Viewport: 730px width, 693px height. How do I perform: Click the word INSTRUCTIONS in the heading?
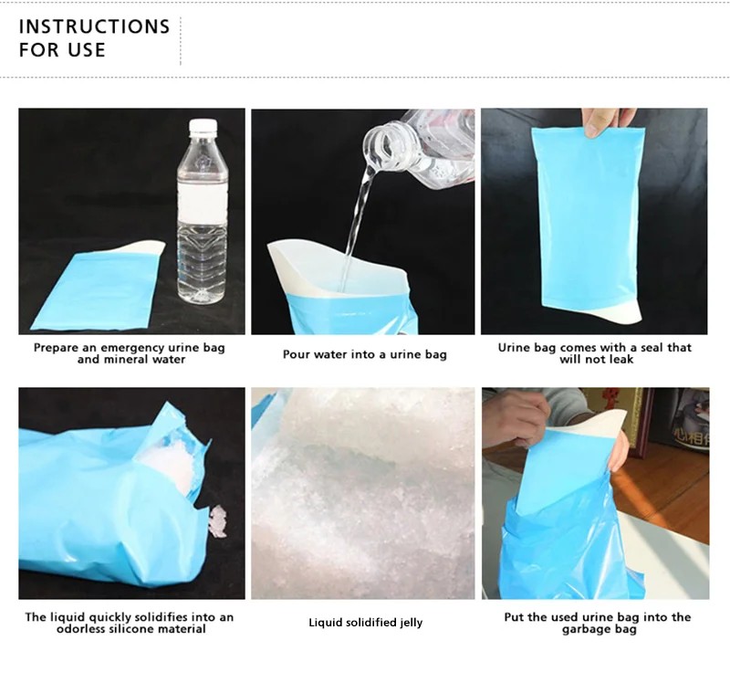tap(94, 26)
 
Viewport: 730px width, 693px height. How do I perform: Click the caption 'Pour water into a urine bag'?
tap(364, 354)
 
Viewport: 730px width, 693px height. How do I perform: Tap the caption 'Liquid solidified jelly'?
tap(365, 623)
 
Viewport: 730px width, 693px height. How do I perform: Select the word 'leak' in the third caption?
tap(620, 359)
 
